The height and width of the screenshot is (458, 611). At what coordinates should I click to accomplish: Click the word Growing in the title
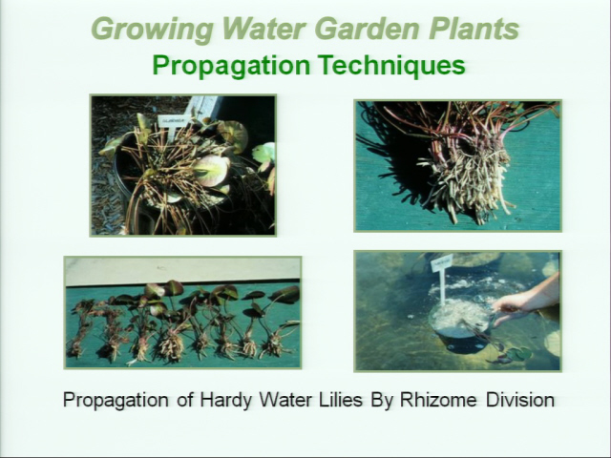coord(153,30)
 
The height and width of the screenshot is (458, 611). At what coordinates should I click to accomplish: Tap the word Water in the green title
coord(263,29)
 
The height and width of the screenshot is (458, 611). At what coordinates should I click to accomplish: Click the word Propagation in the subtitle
coord(231,66)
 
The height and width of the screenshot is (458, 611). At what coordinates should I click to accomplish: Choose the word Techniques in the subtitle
coord(391,65)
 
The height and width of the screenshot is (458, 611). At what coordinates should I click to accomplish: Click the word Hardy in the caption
coord(225,400)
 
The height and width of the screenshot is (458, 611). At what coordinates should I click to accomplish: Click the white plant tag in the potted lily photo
coord(174,121)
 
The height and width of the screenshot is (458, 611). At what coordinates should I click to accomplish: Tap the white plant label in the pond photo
coord(442,263)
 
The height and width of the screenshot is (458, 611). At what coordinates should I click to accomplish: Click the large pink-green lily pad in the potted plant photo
coord(211,170)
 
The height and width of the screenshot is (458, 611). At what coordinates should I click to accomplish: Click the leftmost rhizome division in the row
coord(80,329)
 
